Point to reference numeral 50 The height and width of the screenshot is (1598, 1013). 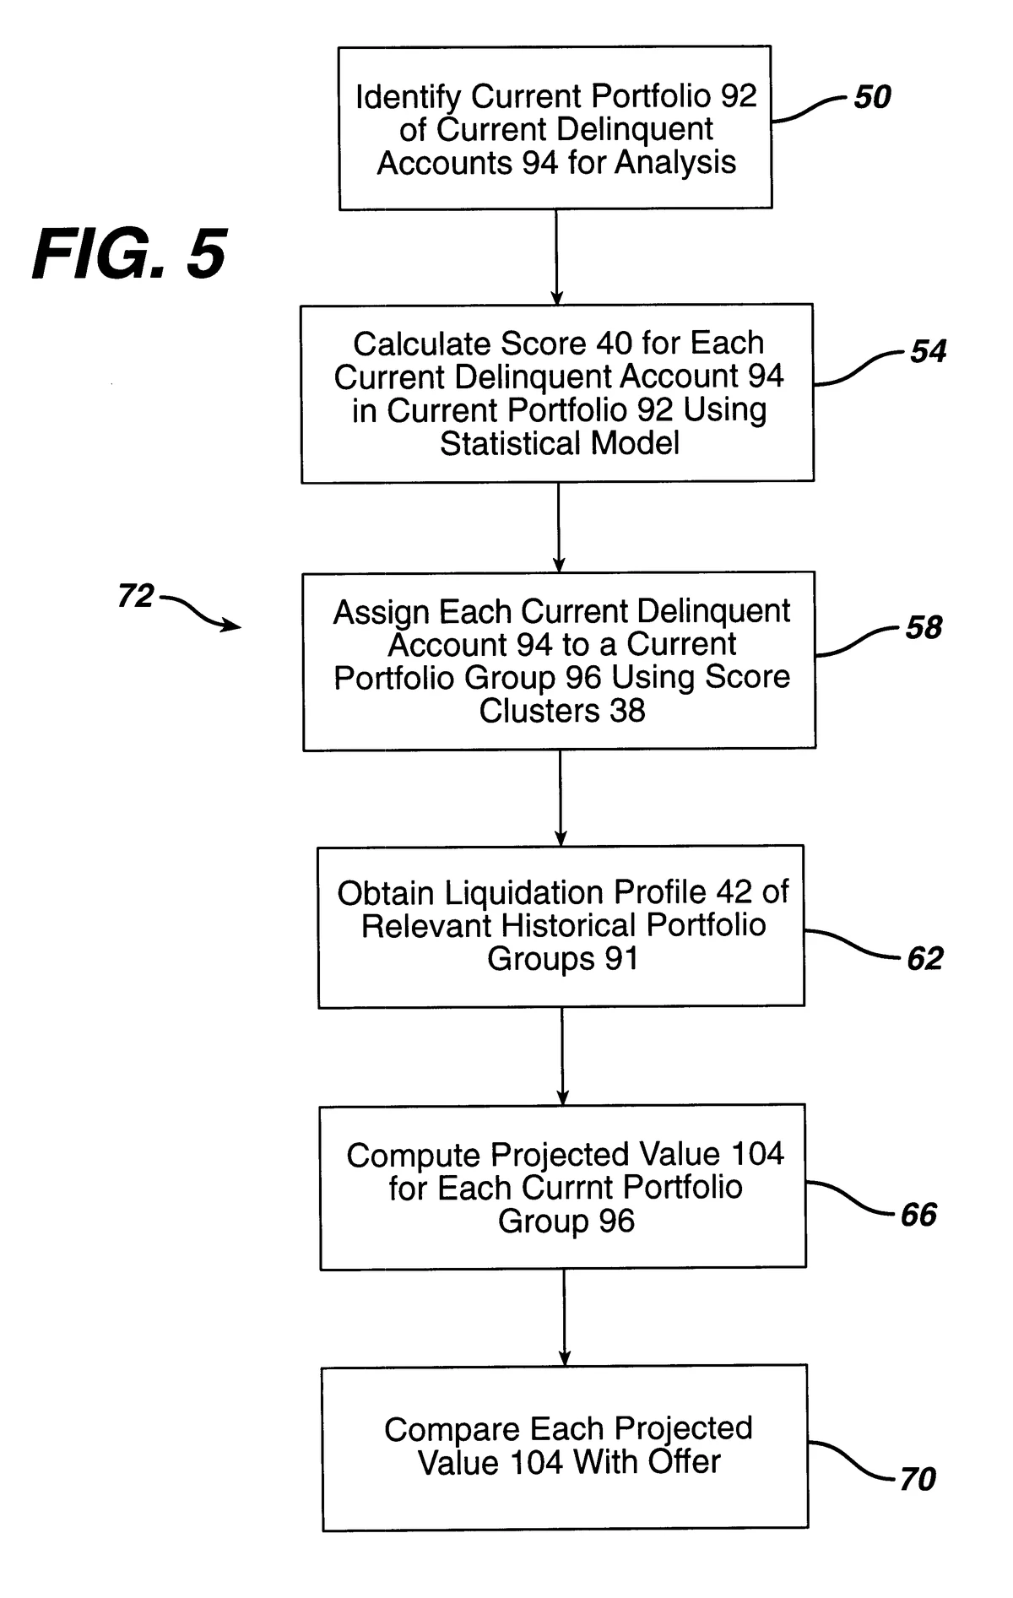coord(872,97)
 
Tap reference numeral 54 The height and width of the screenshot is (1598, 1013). coord(928,351)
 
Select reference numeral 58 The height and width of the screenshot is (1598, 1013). coord(924,627)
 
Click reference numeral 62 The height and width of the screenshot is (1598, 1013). coord(924,958)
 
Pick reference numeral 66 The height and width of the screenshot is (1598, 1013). coord(919,1215)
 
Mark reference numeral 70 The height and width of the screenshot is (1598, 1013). coord(918,1479)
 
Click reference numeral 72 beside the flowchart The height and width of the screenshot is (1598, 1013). coord(136,596)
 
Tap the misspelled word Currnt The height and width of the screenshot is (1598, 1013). coord(577,1188)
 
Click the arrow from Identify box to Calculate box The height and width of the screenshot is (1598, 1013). coord(556,257)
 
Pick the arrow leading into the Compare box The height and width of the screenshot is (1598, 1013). coord(564,1317)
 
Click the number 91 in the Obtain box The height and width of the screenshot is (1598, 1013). coord(620,959)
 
